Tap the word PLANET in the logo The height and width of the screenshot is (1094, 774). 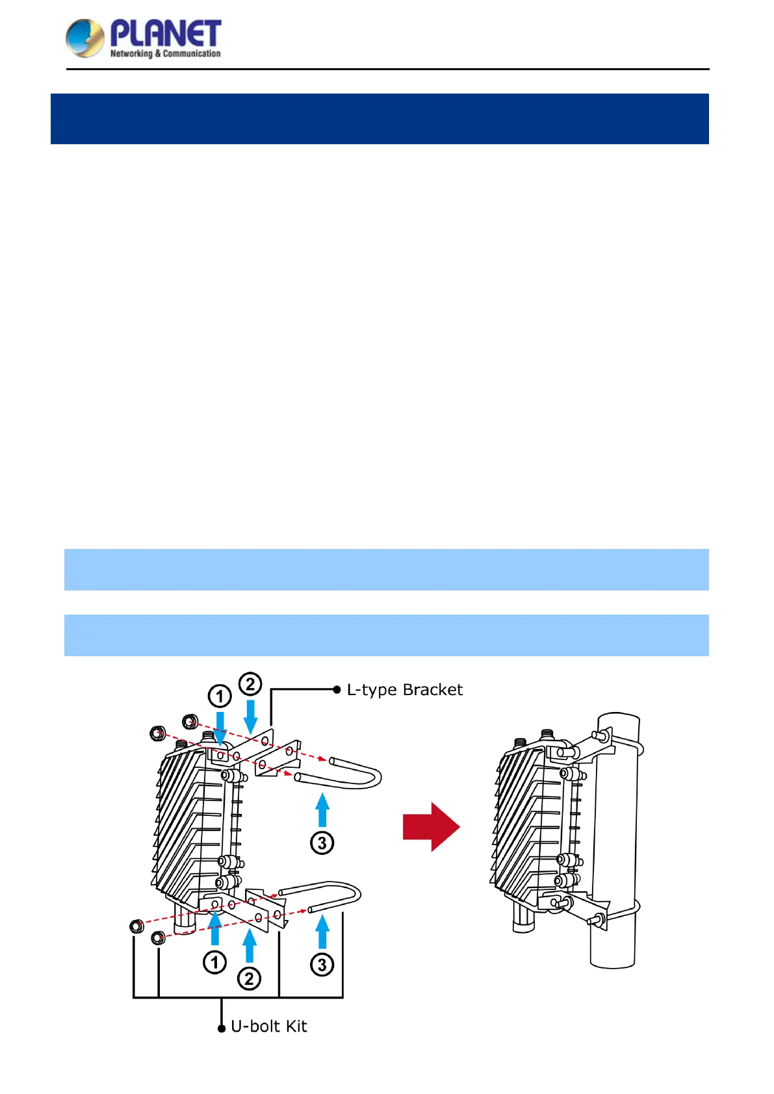pos(166,33)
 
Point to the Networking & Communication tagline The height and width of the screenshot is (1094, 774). pos(165,54)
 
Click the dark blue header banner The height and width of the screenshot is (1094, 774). pos(380,119)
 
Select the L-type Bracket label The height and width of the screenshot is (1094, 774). pos(404,690)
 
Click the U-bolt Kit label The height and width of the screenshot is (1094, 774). pos(268,1026)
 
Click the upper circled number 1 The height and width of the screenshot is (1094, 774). pos(220,696)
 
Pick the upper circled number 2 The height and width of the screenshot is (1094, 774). pos(250,684)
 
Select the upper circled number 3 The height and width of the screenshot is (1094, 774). pos(322,843)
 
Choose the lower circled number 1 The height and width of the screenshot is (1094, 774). pos(215,962)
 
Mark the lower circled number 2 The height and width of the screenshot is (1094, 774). pos(250,978)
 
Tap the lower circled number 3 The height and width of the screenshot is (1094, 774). pos(322,965)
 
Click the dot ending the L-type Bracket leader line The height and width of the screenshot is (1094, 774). pos(337,690)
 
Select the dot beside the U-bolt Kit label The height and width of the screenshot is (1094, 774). pos(222,1028)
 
